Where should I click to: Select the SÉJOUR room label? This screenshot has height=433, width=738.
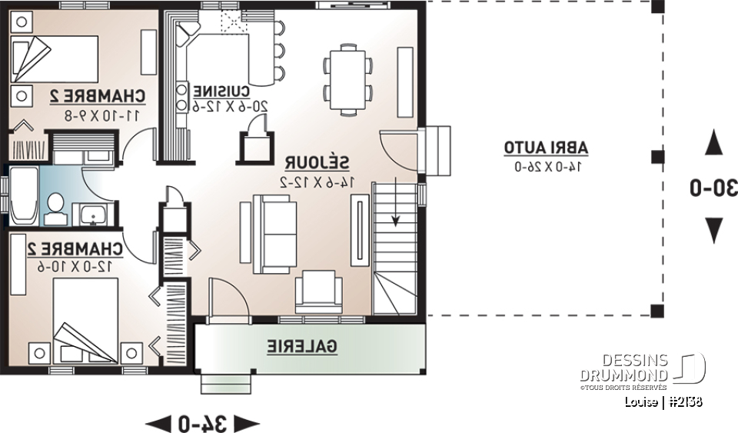coord(318,162)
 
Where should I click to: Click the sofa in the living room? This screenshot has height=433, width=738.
coord(274,233)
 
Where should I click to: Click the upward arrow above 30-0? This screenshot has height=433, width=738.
coord(714,144)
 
